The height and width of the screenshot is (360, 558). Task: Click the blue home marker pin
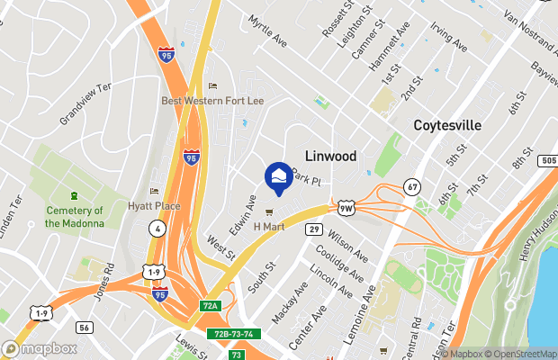click(277, 177)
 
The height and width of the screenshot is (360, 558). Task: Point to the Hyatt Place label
click(154, 206)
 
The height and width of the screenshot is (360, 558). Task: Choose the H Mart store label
click(268, 226)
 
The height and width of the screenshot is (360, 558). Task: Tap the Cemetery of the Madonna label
click(75, 217)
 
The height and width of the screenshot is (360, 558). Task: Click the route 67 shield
click(411, 185)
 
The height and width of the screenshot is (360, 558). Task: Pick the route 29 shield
click(313, 229)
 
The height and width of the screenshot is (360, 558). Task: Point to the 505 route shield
click(547, 160)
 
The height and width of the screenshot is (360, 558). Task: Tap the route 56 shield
click(84, 328)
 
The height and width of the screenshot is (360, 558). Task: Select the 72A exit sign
click(210, 306)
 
